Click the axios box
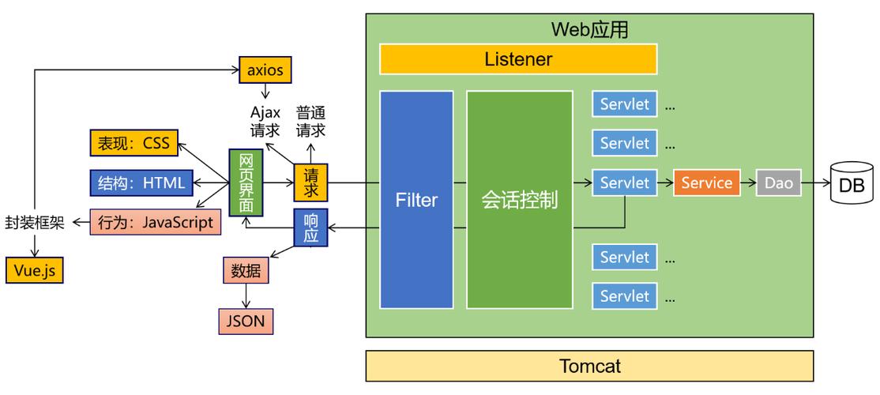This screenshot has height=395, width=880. tap(265, 70)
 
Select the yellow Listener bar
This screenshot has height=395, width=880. tap(518, 59)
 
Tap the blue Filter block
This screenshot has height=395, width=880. tap(416, 200)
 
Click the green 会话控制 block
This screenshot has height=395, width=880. tap(519, 200)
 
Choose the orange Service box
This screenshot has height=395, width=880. tap(706, 183)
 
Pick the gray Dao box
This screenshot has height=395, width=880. tap(779, 183)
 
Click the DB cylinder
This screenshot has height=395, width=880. tap(851, 184)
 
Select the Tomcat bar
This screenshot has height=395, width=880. tap(589, 366)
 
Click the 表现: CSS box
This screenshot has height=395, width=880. tap(134, 144)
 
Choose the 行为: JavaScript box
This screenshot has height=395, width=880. tap(155, 223)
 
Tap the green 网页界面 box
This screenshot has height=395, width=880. tap(245, 182)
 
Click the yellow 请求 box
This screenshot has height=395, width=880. tap(310, 182)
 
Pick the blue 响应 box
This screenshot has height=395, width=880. tap(310, 228)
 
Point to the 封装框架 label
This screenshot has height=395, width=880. tap(36, 223)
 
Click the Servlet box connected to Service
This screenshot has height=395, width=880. tap(624, 183)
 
